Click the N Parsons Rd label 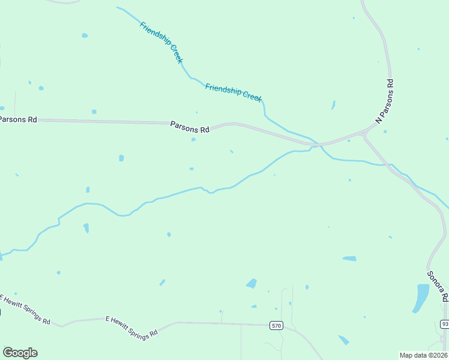coord(385,101)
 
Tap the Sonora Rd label coord(437,286)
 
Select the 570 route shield coord(276,326)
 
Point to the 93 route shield coord(445,324)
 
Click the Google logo coord(20,353)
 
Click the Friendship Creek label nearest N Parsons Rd coord(233,92)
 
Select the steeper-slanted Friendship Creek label coord(160,43)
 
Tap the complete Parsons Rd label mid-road coord(190,127)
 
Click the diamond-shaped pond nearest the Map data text coord(343,340)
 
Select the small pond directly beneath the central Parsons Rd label coord(193,140)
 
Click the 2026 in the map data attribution coord(439,355)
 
